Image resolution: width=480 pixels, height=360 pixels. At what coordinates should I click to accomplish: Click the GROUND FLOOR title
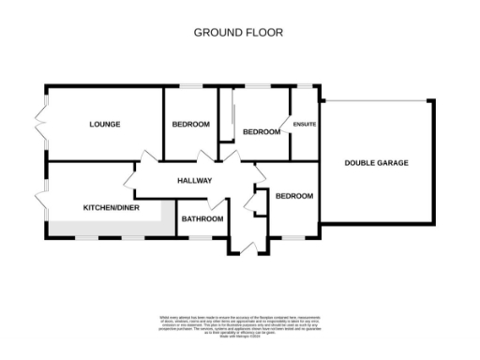[x=238, y=32]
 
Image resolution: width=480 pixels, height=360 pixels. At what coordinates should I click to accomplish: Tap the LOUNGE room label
[x=105, y=124]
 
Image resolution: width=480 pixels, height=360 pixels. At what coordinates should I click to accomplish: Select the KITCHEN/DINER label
[x=111, y=207]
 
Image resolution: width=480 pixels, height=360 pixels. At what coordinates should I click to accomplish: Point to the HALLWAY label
[x=194, y=181]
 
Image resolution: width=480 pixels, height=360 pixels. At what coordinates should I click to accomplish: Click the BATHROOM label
[x=202, y=219]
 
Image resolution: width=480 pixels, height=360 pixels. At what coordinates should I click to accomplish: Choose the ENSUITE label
[x=305, y=124]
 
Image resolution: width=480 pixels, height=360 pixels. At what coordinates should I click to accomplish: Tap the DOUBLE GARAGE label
[x=376, y=162]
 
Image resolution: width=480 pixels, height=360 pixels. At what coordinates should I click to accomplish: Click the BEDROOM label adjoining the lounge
[x=190, y=124]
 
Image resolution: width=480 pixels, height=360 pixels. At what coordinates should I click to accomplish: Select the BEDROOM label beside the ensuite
[x=262, y=132]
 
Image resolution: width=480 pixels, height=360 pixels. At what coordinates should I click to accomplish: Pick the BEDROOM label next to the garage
[x=293, y=196]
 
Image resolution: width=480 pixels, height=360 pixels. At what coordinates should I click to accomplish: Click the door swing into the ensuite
[x=285, y=127]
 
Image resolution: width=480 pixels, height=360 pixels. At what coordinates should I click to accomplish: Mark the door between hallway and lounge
[x=144, y=161]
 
